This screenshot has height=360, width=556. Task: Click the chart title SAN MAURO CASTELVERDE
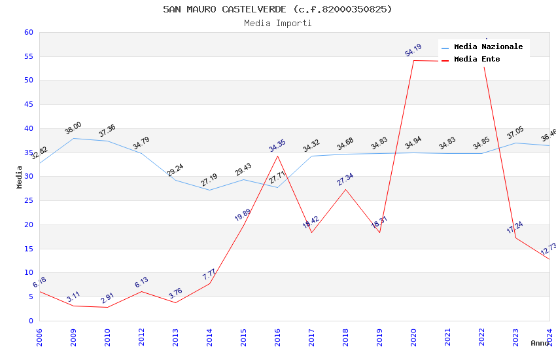click(x=277, y=9)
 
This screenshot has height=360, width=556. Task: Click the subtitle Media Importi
click(x=277, y=23)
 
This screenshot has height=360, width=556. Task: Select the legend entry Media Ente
click(x=477, y=59)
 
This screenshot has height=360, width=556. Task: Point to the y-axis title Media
click(x=20, y=177)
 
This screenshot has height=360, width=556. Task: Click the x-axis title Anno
click(x=540, y=343)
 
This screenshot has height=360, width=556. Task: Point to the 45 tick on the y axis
click(x=29, y=104)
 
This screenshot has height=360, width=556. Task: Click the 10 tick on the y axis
click(x=29, y=272)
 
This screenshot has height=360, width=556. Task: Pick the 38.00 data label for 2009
click(x=73, y=128)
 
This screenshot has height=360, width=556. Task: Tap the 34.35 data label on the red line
click(x=277, y=145)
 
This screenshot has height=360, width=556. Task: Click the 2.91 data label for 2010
click(x=107, y=298)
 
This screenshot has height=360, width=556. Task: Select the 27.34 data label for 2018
click(x=345, y=179)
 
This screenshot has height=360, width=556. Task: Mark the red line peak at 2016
click(x=277, y=156)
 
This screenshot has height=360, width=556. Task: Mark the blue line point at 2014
click(x=209, y=190)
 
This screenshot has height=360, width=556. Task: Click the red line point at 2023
click(x=515, y=238)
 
